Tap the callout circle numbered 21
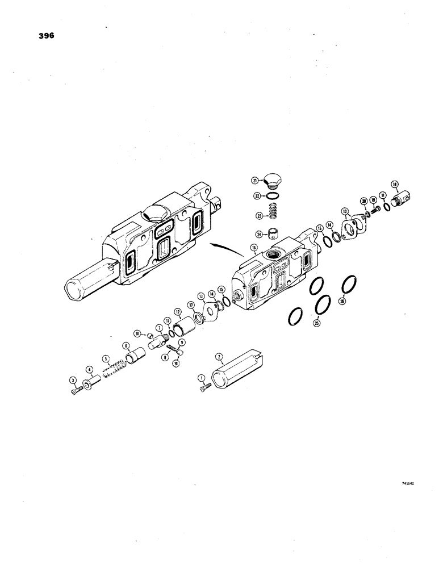click(256, 180)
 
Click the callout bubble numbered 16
click(253, 248)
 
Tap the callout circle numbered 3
click(73, 379)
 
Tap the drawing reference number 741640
click(407, 485)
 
